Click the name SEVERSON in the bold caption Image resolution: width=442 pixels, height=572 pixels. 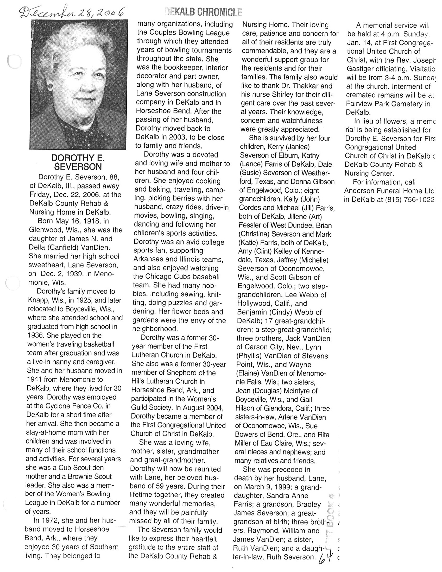tap(78, 167)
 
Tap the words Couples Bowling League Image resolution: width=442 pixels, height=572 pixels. tap(183, 33)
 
